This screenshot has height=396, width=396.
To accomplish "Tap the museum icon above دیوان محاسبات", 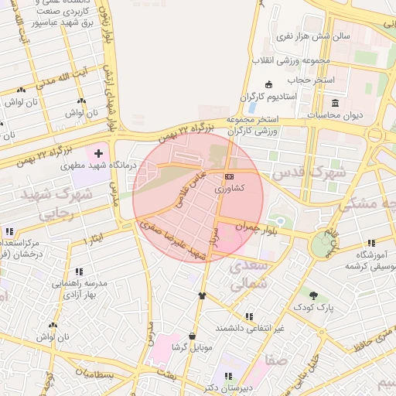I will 335,103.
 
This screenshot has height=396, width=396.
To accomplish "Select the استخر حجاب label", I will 312,80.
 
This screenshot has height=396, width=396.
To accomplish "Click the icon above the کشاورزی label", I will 229,177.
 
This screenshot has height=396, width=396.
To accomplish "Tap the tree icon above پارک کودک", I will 312,295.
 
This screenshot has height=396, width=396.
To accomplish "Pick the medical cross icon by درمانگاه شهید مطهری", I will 98,154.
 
